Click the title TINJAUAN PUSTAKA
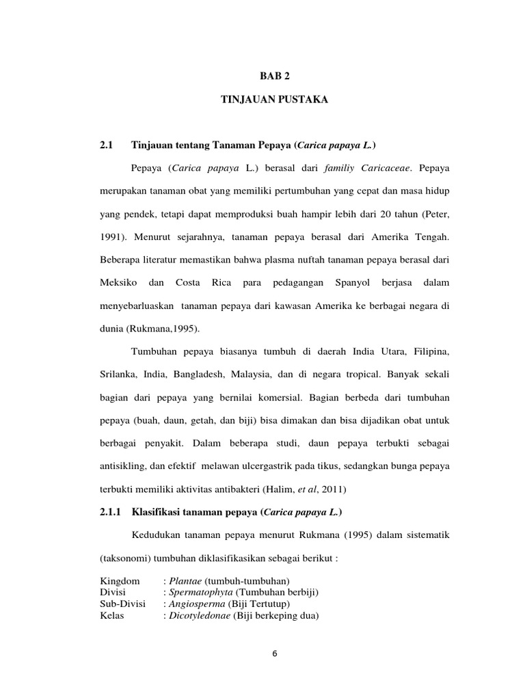275,100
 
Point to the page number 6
274,654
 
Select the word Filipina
427,351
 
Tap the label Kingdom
120,580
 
